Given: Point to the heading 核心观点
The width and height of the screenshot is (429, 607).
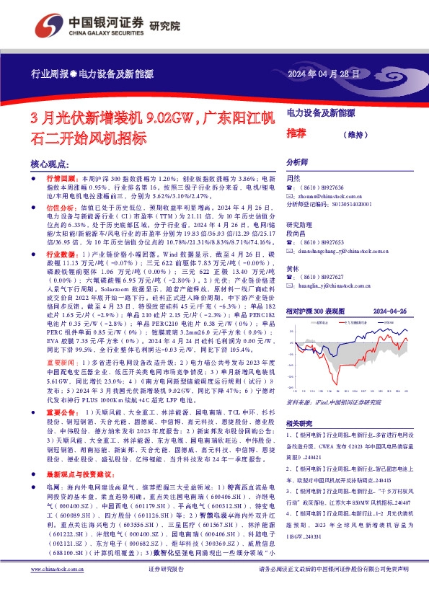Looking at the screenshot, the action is tap(53, 164).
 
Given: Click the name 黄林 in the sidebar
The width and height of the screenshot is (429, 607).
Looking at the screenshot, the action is tap(293, 267).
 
